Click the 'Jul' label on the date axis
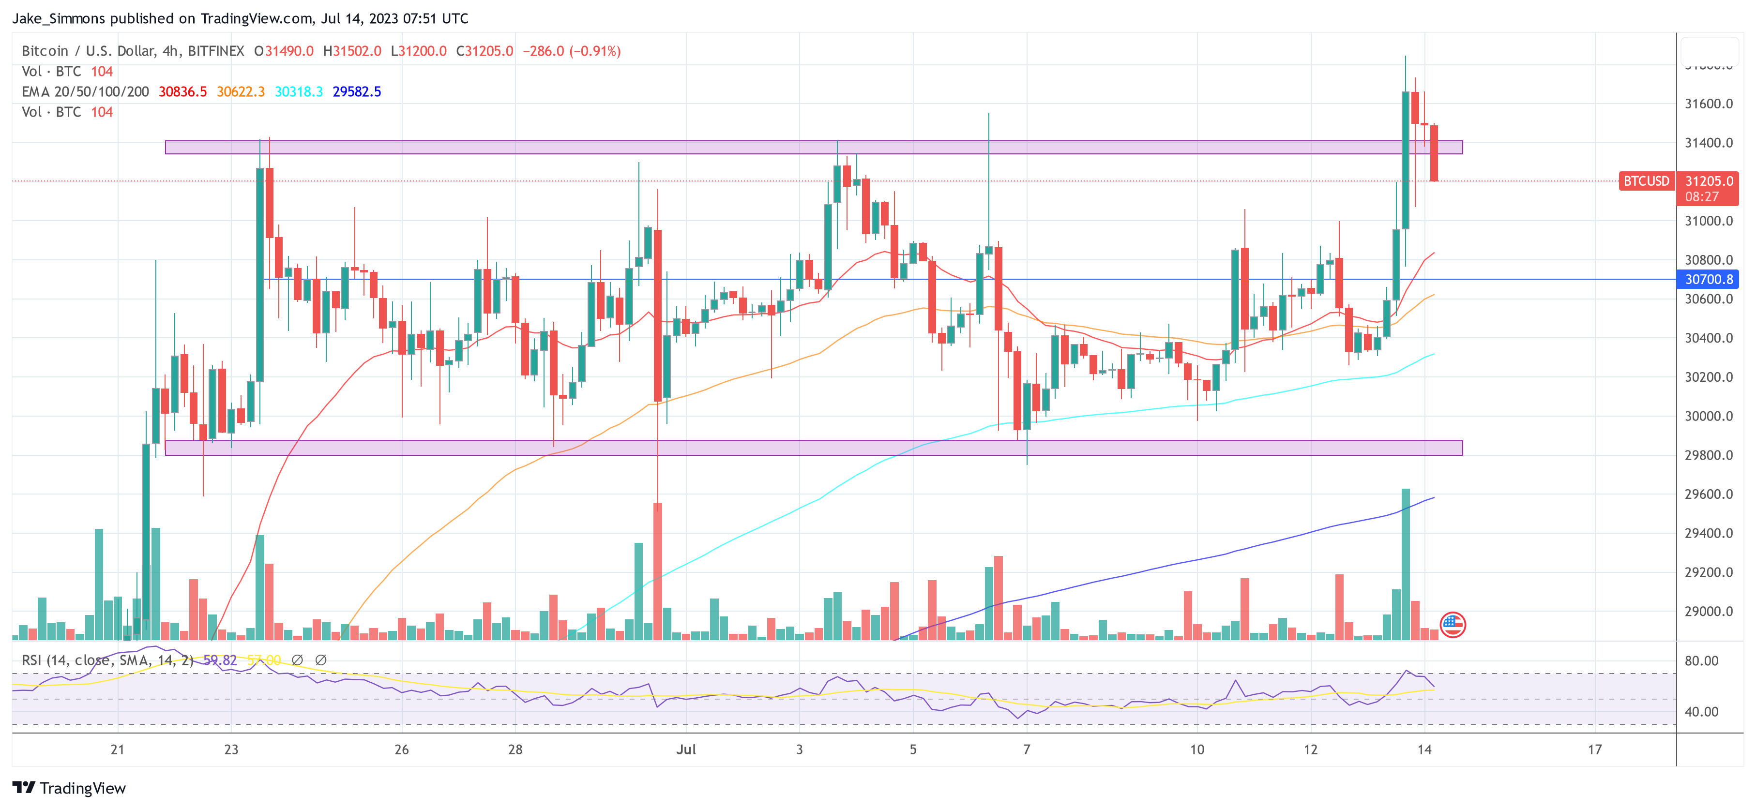[686, 749]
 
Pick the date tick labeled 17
[1594, 749]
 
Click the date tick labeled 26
[402, 749]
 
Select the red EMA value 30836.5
[182, 92]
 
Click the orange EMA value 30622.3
[241, 92]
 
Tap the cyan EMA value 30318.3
[299, 92]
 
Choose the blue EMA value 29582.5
[357, 92]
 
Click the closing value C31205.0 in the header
[484, 51]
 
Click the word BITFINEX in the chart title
[215, 51]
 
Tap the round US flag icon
[1453, 624]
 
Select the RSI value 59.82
[220, 660]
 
